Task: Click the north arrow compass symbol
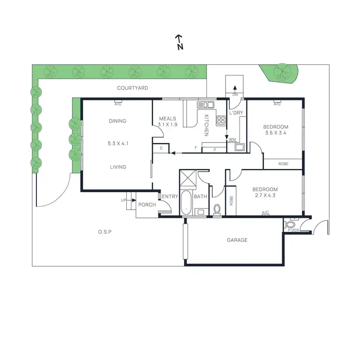pos(180,42)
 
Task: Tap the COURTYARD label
pos(132,88)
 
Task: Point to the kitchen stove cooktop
pos(221,120)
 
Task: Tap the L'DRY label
pos(236,113)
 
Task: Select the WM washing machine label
pos(232,140)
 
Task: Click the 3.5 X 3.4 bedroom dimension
pos(276,133)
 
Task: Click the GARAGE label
pos(237,240)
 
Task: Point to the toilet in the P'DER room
pos(290,225)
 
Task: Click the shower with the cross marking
pos(188,178)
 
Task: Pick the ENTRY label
pos(170,196)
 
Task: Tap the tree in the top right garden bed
pos(281,72)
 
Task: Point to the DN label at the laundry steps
pos(235,95)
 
